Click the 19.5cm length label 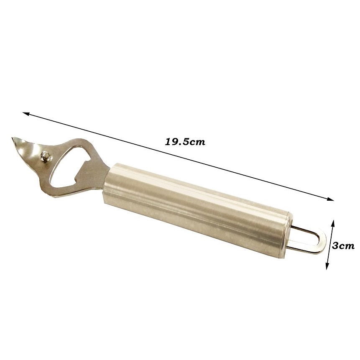pos(185,142)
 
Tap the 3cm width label pos(343,246)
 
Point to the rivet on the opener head pos(46,156)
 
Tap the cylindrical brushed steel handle pos(197,209)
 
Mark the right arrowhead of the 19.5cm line pos(331,199)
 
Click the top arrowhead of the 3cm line pos(333,222)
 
